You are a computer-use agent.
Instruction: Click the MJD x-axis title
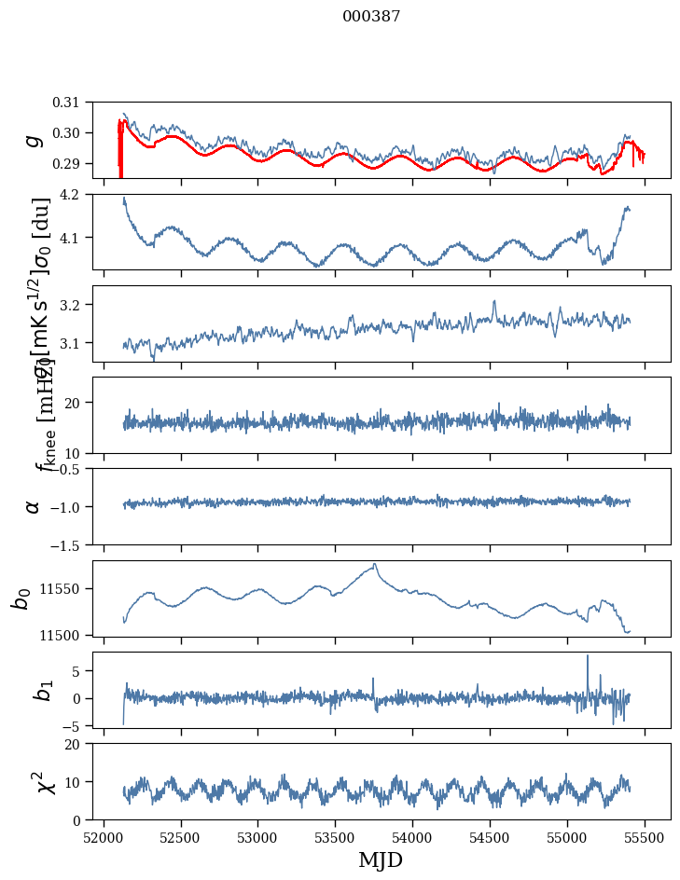pos(381,859)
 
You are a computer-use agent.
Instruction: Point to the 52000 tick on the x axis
pos(104,836)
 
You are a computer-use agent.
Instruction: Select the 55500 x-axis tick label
pos(645,836)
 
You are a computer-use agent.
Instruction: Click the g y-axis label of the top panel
pos(35,140)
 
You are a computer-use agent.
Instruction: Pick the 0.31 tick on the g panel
pos(79,102)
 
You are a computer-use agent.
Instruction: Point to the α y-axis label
pos(35,506)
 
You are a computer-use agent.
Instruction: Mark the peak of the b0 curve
pos(375,564)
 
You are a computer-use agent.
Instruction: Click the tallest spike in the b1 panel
pos(588,655)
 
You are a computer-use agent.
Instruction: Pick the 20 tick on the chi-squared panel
pos(82,744)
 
